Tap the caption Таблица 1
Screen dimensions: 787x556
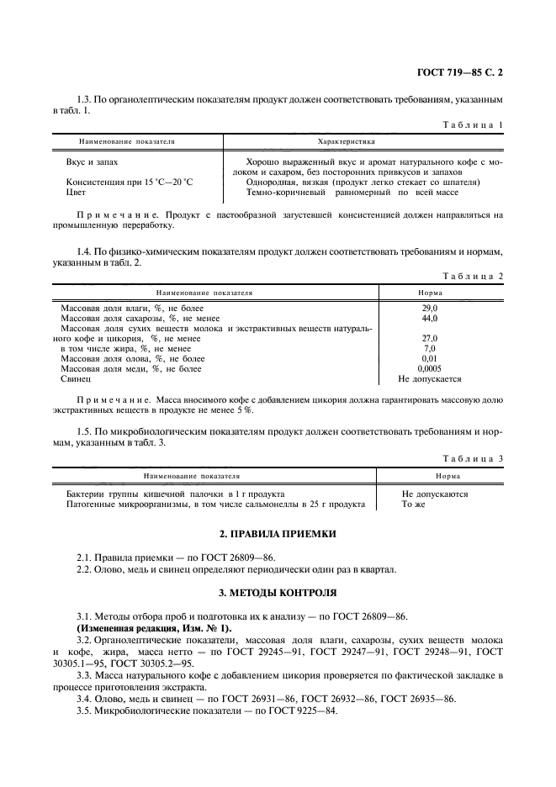point(474,124)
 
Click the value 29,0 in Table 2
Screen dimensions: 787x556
point(429,309)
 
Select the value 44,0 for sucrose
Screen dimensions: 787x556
point(429,319)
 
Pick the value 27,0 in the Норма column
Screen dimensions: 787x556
point(429,338)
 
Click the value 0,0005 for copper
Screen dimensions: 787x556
point(429,368)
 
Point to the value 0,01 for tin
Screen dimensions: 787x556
point(429,358)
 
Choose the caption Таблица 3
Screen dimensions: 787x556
point(474,458)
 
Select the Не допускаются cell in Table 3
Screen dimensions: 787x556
point(435,494)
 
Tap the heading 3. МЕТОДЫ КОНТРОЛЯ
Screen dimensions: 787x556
point(278,594)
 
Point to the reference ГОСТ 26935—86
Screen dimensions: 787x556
point(418,699)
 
